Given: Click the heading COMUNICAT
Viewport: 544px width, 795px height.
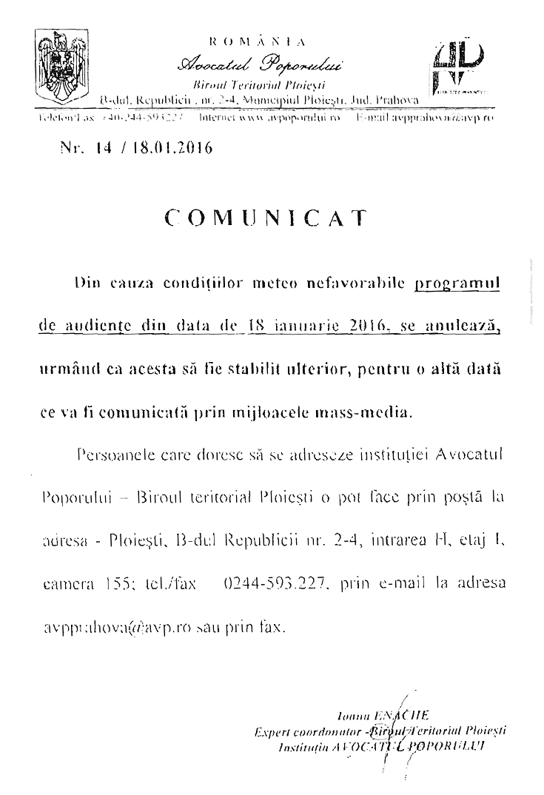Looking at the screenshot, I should tap(266, 217).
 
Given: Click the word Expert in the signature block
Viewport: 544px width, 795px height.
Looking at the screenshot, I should tap(271, 731).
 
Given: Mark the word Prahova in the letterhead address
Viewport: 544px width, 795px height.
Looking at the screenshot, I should tap(396, 99).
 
